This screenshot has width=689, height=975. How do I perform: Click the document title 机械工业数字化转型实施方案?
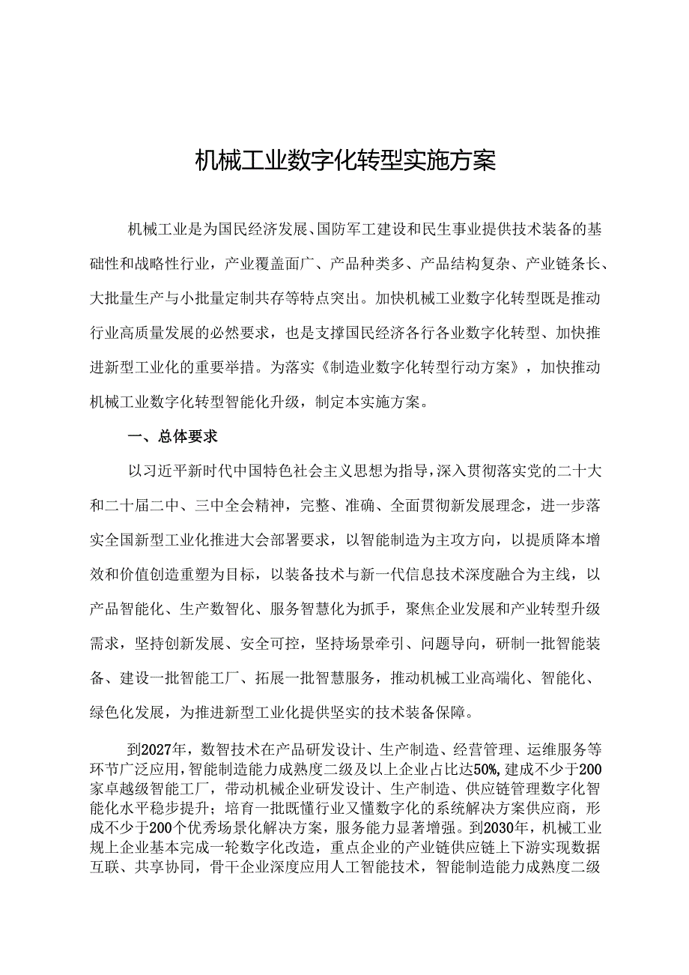click(345, 160)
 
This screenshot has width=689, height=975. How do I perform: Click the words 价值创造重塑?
click(169, 575)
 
